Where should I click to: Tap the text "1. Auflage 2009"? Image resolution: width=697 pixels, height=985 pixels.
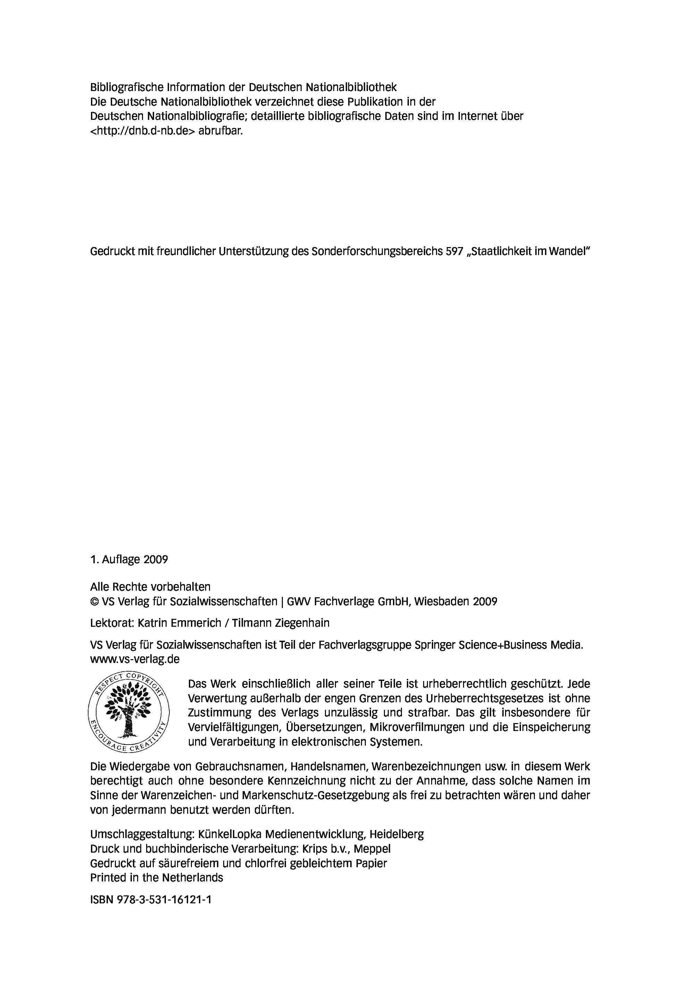click(129, 559)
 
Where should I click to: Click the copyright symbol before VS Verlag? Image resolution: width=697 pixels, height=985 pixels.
click(94, 601)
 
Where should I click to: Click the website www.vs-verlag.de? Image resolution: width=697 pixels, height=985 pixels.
click(135, 659)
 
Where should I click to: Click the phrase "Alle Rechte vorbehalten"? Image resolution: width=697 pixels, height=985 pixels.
click(150, 587)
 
